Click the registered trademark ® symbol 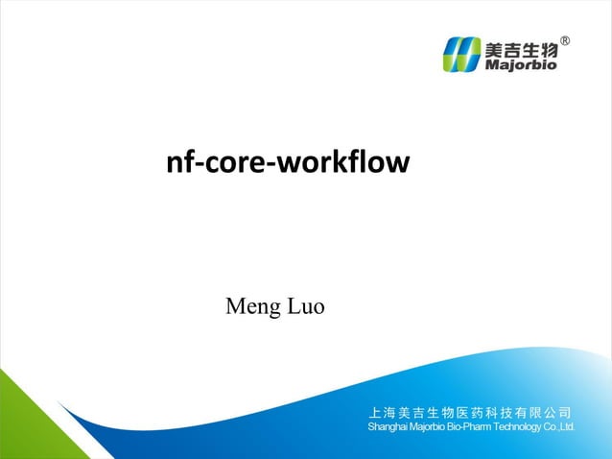[x=565, y=41]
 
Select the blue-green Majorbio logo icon [x=462, y=55]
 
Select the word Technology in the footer [x=518, y=425]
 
